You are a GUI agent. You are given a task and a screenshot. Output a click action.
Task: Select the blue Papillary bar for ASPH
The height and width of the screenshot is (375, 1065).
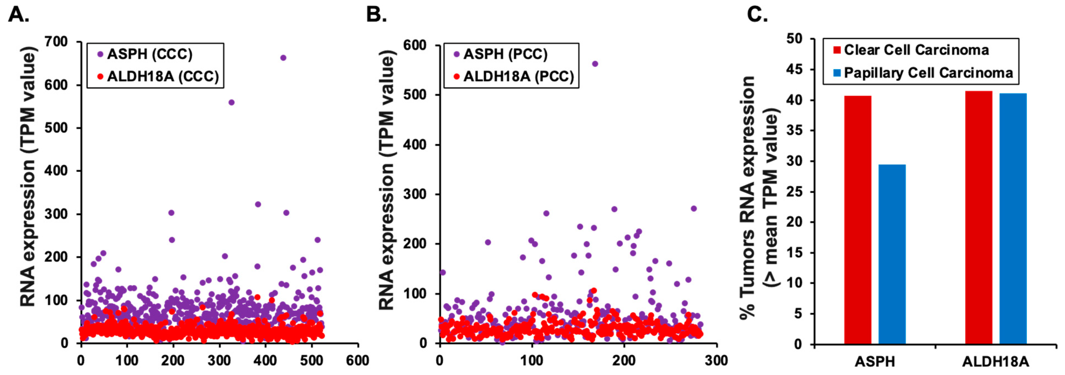click(x=892, y=254)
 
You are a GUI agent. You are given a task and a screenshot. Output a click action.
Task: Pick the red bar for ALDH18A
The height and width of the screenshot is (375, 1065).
click(x=979, y=217)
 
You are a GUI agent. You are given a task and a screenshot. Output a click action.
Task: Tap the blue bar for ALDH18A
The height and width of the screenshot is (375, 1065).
click(x=1013, y=218)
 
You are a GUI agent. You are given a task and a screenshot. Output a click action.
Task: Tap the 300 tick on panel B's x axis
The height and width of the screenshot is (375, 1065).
click(x=716, y=361)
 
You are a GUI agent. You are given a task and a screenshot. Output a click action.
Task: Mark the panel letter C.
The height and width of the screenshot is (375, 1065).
click(x=757, y=15)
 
